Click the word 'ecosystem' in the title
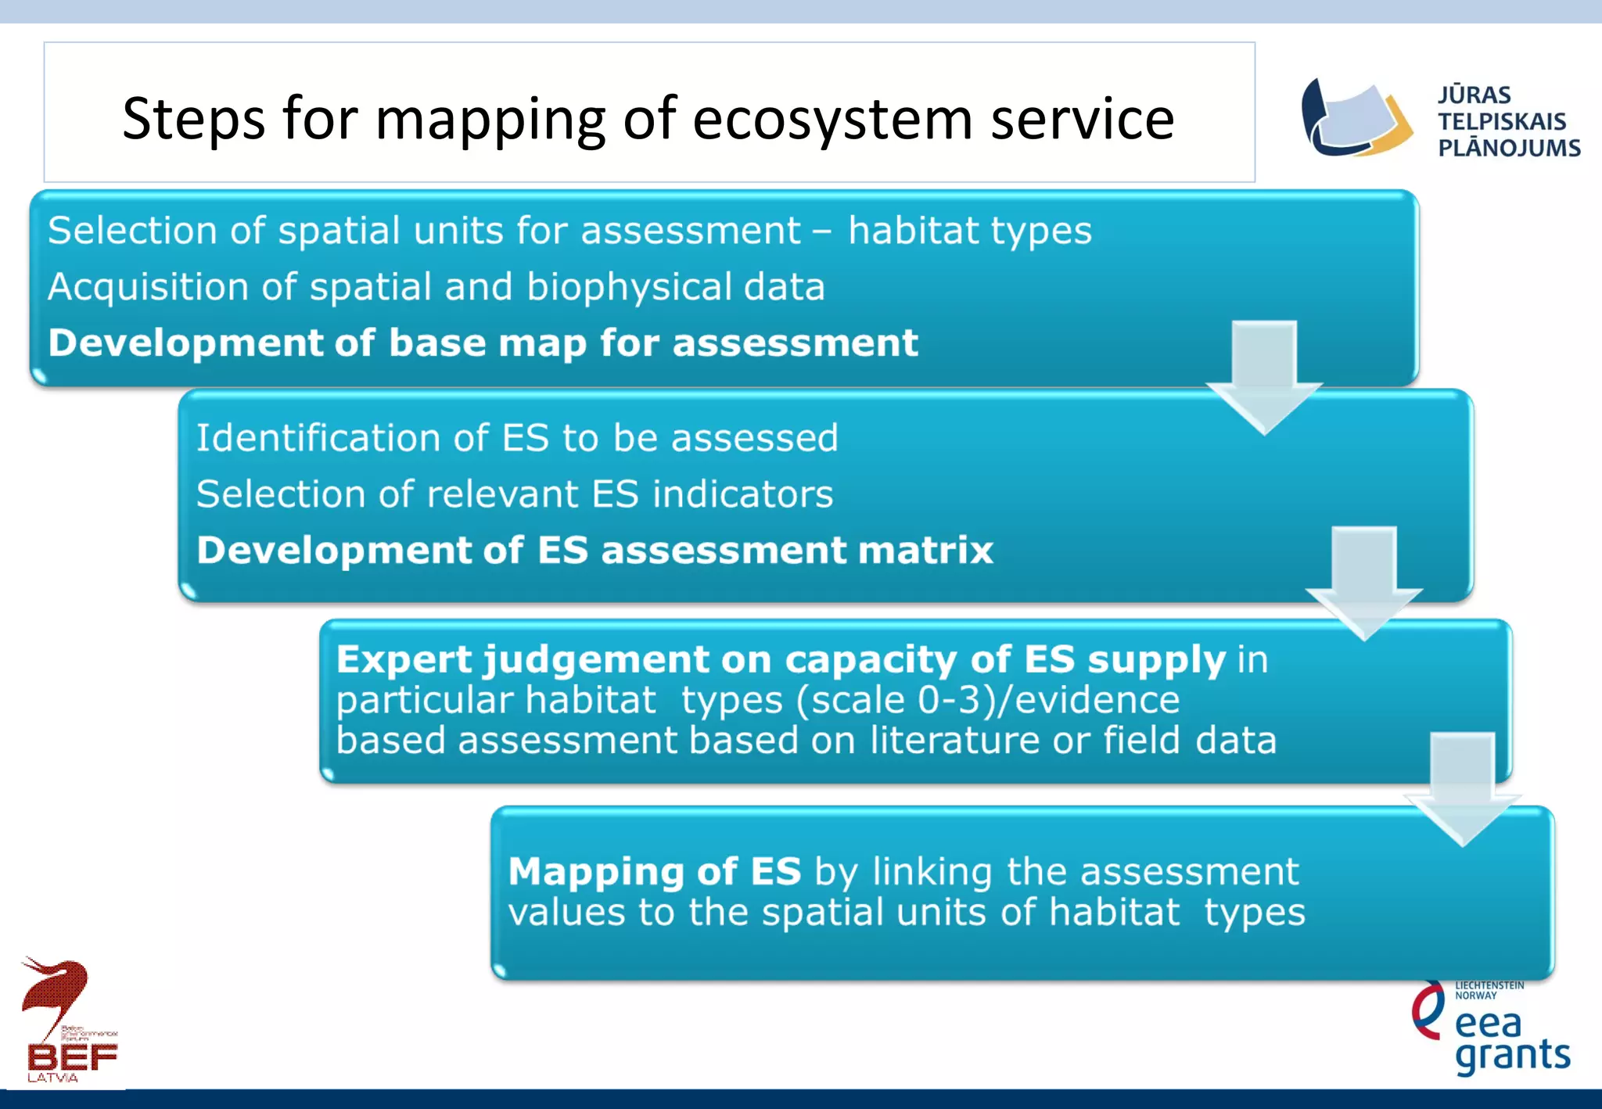(832, 119)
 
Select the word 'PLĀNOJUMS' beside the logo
(1509, 148)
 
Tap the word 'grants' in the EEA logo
(1512, 1055)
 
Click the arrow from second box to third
(1364, 583)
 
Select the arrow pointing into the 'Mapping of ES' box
(1462, 789)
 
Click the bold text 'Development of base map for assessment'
(483, 343)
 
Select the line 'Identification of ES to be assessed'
(516, 438)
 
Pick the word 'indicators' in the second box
(742, 494)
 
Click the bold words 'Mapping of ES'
(655, 871)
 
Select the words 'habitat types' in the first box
(970, 231)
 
